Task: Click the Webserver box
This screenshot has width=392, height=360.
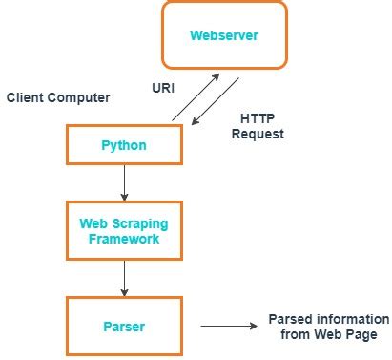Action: pos(224,36)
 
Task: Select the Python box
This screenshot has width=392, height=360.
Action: pos(123,144)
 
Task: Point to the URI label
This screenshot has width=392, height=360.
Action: pos(163,86)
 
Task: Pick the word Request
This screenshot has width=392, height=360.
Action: pos(258,134)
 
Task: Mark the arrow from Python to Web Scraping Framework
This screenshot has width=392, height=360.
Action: pos(123,182)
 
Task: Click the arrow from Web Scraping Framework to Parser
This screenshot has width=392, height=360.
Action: pos(123,278)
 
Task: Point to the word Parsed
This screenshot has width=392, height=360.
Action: pos(288,319)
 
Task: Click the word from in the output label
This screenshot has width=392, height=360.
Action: pos(296,334)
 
